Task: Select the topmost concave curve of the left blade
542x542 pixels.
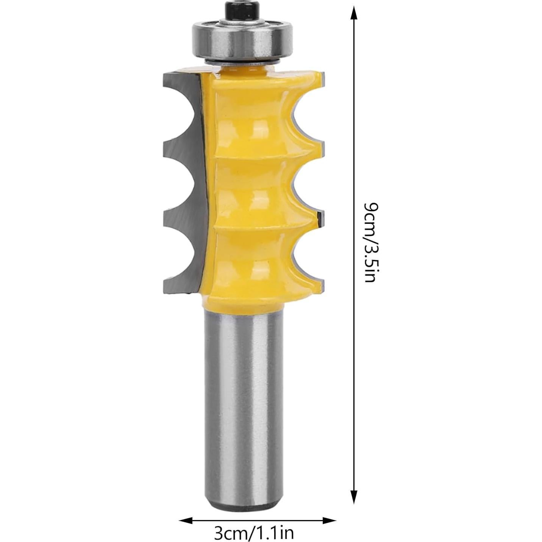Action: click(x=186, y=110)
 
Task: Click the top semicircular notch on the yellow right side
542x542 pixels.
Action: click(x=307, y=110)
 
